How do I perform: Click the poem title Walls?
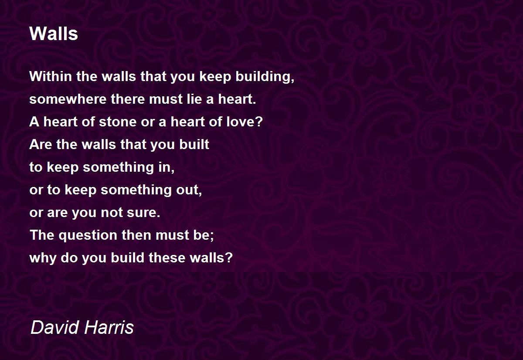(54, 34)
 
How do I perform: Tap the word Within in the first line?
(51, 76)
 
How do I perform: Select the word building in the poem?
(263, 77)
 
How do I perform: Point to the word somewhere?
(68, 99)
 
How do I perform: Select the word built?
(194, 144)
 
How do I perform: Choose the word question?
(88, 235)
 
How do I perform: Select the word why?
(43, 258)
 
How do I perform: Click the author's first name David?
(55, 327)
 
